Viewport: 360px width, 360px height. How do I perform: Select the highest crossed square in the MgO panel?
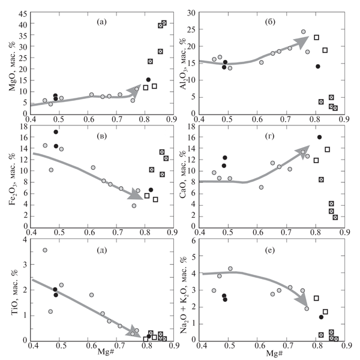[164, 23]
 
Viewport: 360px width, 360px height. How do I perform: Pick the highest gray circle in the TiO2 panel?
[45, 250]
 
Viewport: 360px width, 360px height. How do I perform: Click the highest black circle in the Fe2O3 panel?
[56, 132]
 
